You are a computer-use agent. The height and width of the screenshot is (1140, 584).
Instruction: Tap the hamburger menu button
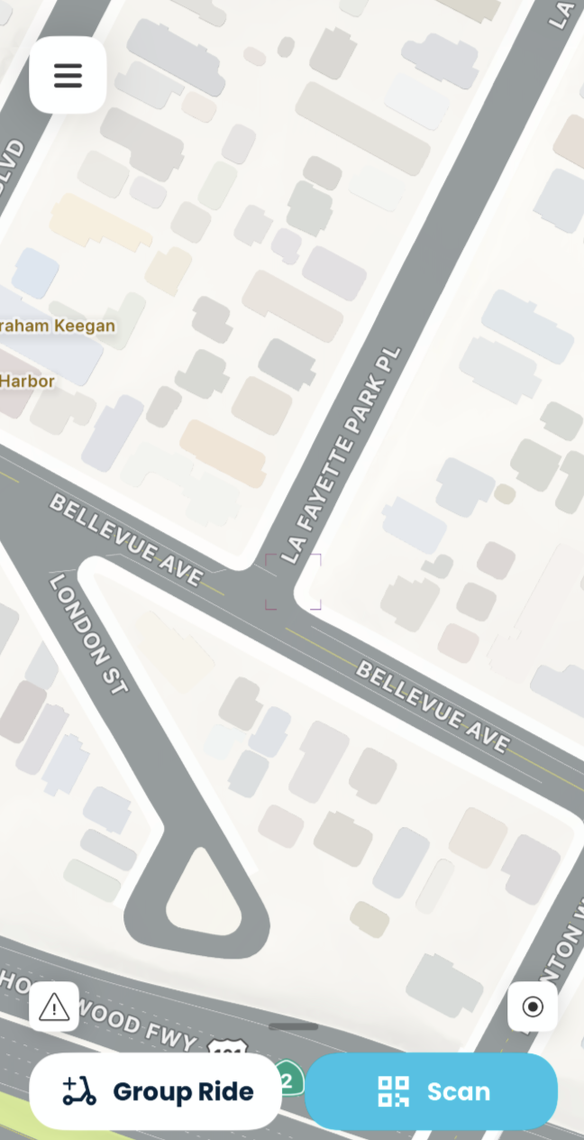pos(68,76)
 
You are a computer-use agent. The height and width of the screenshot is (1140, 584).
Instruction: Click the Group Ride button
pos(155,1091)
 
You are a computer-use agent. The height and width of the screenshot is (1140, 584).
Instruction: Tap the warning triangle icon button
pos(54,1007)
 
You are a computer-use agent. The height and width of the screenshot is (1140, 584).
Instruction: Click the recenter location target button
pos(533,1007)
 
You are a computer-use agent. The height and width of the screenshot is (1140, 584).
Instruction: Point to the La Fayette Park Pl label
pos(341,455)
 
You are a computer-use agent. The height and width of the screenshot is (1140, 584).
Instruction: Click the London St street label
pos(88,634)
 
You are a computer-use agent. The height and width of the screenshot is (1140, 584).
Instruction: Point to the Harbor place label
pos(27,382)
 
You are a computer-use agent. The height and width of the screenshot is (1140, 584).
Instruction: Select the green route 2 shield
pos(288,1079)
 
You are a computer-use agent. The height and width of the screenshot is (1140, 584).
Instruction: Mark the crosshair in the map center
pos(293,582)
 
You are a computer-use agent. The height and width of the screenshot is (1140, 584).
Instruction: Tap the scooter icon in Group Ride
pos(79,1091)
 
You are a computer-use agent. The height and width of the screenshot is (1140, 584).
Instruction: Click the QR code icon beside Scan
pos(393,1091)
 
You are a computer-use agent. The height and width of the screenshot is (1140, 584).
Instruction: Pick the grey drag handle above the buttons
pos(293,1026)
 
